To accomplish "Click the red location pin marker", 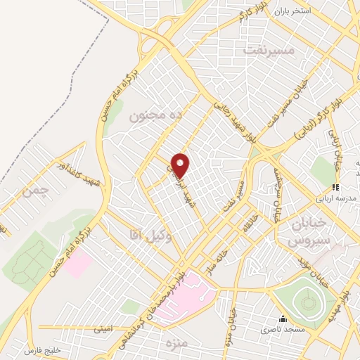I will click(181, 165).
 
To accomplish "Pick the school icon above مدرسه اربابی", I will click(335, 187).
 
